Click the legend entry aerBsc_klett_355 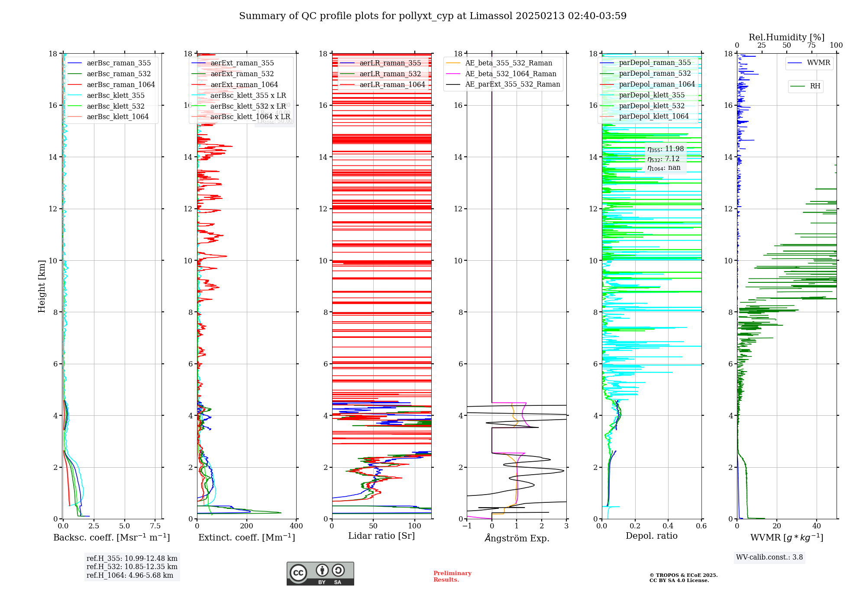(x=116, y=95)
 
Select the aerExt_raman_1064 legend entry (x=244, y=84)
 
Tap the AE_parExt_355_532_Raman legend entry (x=512, y=84)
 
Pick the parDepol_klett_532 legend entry (x=652, y=106)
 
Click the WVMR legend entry (x=818, y=63)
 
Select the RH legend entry (x=815, y=86)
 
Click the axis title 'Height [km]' (x=42, y=286)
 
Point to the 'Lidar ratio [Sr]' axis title (x=381, y=536)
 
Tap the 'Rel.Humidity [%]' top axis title (x=786, y=37)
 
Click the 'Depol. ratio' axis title (x=651, y=536)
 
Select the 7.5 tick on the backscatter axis (x=155, y=526)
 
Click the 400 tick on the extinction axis (x=297, y=526)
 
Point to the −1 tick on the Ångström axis (x=467, y=526)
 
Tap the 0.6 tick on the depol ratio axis (x=701, y=526)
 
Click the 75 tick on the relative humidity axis (x=811, y=45)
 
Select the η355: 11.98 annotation (x=666, y=149)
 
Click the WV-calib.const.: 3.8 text (x=769, y=557)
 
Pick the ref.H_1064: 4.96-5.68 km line (x=130, y=575)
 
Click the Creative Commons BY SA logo (x=320, y=574)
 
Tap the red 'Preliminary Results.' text (x=452, y=576)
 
